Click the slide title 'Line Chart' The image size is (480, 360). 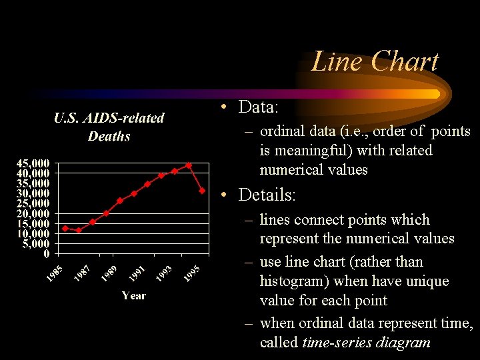click(x=375, y=61)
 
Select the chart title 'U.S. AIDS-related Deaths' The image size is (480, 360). click(x=109, y=127)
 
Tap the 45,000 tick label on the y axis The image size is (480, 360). click(x=33, y=163)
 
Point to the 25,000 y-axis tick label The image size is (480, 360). click(x=33, y=203)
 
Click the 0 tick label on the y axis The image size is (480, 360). click(x=46, y=253)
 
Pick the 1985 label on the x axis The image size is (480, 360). click(x=55, y=273)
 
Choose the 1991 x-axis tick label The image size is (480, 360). click(x=138, y=273)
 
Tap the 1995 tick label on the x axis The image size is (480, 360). click(x=192, y=273)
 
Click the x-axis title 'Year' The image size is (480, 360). click(x=133, y=295)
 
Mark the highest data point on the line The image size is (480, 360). click(x=189, y=165)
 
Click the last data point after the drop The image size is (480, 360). click(x=202, y=191)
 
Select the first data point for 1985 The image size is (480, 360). click(x=65, y=228)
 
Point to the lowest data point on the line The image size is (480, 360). click(x=79, y=231)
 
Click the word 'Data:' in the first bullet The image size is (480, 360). click(x=258, y=107)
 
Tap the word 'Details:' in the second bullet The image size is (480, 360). click(x=267, y=195)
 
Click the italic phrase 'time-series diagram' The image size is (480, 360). click(x=366, y=343)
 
